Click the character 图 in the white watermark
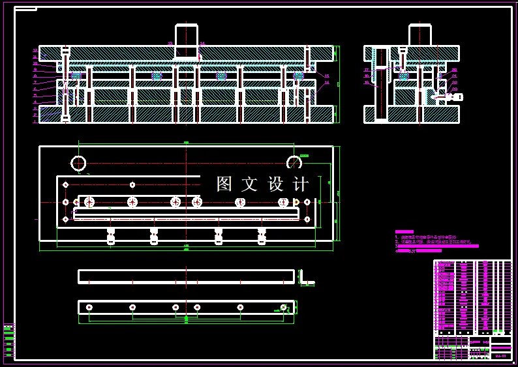224,184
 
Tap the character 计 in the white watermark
301,184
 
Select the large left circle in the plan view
78,163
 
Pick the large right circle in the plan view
294,163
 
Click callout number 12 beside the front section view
35,50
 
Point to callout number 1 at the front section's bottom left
35,121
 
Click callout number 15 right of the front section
327,76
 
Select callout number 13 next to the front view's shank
170,44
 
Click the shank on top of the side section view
419,36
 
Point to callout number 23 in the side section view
367,70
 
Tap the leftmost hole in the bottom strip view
89,307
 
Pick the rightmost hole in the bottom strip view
283,307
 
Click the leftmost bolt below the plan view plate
111,236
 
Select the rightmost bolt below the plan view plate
262,236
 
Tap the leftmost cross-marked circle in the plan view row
89,202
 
